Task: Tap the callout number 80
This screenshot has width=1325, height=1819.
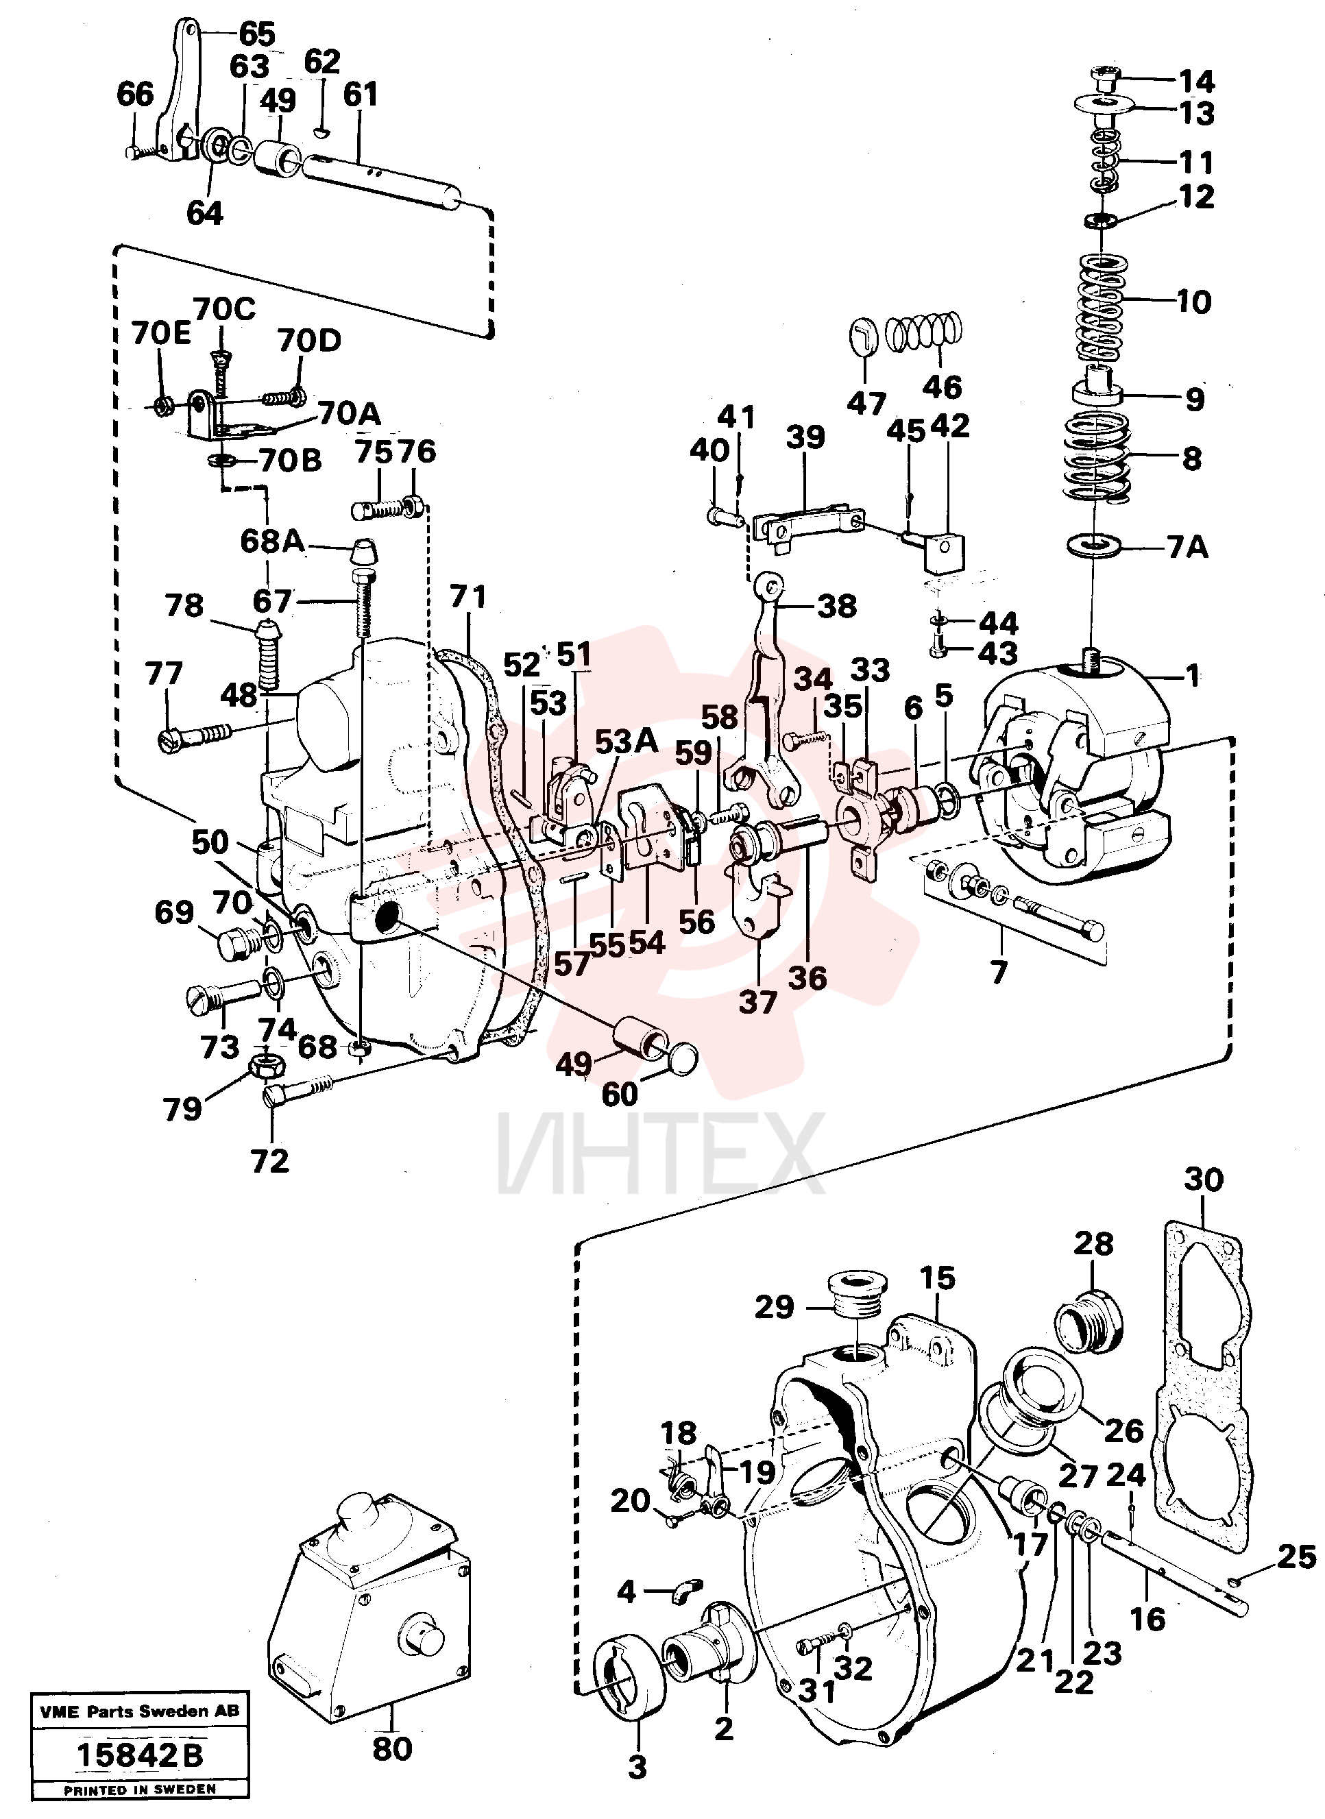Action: pyautogui.click(x=392, y=1748)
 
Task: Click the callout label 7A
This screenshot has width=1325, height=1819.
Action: pyautogui.click(x=1187, y=548)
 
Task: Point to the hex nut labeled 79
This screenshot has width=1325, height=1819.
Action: pyautogui.click(x=265, y=1065)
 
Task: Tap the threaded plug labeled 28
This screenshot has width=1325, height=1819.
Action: pyautogui.click(x=1089, y=1321)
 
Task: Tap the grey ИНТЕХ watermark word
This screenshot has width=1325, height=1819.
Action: pyautogui.click(x=661, y=1153)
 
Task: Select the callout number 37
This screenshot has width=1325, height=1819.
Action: pyautogui.click(x=758, y=1002)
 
